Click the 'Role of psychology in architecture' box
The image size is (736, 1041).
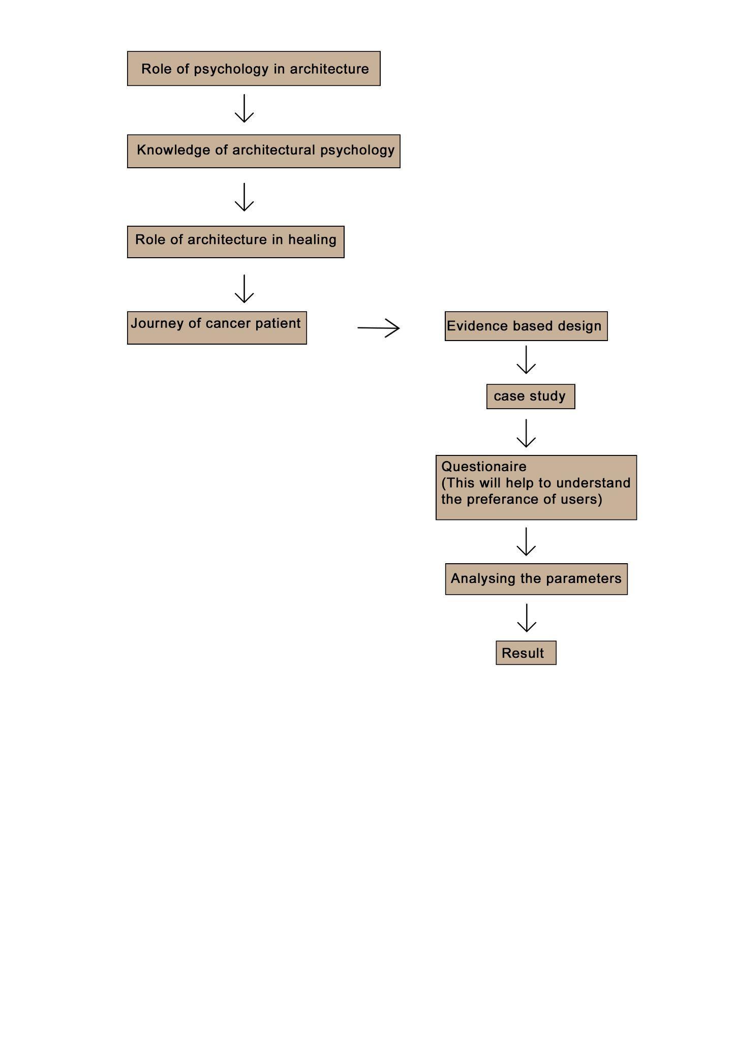coord(254,69)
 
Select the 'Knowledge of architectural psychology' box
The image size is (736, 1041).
coord(263,151)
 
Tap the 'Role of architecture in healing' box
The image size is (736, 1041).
coord(235,242)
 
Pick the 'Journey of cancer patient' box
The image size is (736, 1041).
coord(217,328)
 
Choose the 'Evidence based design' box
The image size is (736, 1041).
coord(526,326)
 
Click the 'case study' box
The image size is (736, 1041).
coord(530,396)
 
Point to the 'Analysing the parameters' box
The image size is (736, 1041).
coord(536,579)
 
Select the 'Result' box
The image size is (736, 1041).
coord(526,653)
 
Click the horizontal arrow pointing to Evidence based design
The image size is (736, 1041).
coord(378,328)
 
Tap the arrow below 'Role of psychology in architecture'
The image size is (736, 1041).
coord(244,109)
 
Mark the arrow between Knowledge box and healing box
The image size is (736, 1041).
coord(244,198)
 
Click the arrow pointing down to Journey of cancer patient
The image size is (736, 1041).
coord(244,289)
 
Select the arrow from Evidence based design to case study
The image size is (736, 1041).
coord(526,360)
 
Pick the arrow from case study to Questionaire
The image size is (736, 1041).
coord(526,434)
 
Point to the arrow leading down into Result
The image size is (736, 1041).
coord(526,618)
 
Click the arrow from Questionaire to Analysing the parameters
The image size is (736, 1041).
coord(526,542)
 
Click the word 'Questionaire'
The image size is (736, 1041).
coord(483,467)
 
